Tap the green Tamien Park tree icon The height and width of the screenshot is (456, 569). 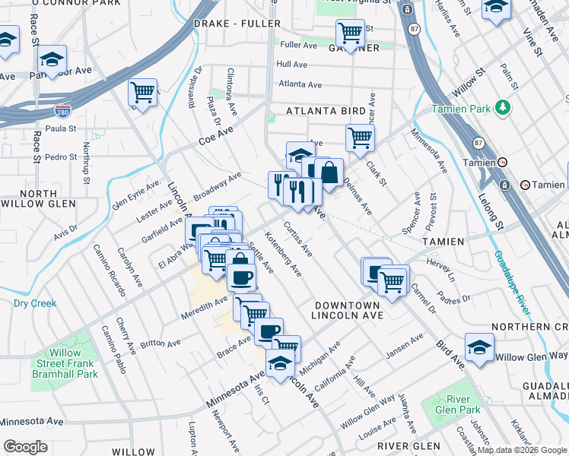click(x=501, y=107)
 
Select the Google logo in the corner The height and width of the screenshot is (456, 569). click(x=26, y=447)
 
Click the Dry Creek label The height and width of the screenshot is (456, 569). click(x=35, y=303)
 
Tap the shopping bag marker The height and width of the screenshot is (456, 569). click(x=329, y=173)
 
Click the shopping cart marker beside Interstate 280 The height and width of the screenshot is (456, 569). click(x=142, y=93)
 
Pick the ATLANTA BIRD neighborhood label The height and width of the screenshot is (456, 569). click(x=326, y=111)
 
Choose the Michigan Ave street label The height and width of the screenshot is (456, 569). click(x=320, y=352)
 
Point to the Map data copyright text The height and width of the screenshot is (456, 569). click(x=521, y=450)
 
